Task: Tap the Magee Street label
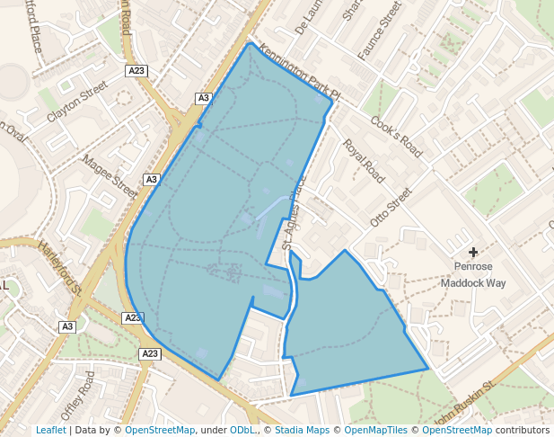click(x=110, y=174)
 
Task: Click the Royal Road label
click(x=363, y=161)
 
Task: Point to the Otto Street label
click(x=390, y=207)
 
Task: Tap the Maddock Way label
click(x=472, y=282)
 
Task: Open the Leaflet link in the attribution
click(x=50, y=430)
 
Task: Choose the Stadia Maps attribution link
click(x=301, y=430)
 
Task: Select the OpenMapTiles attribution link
click(x=376, y=430)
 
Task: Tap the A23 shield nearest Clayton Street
click(x=136, y=70)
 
